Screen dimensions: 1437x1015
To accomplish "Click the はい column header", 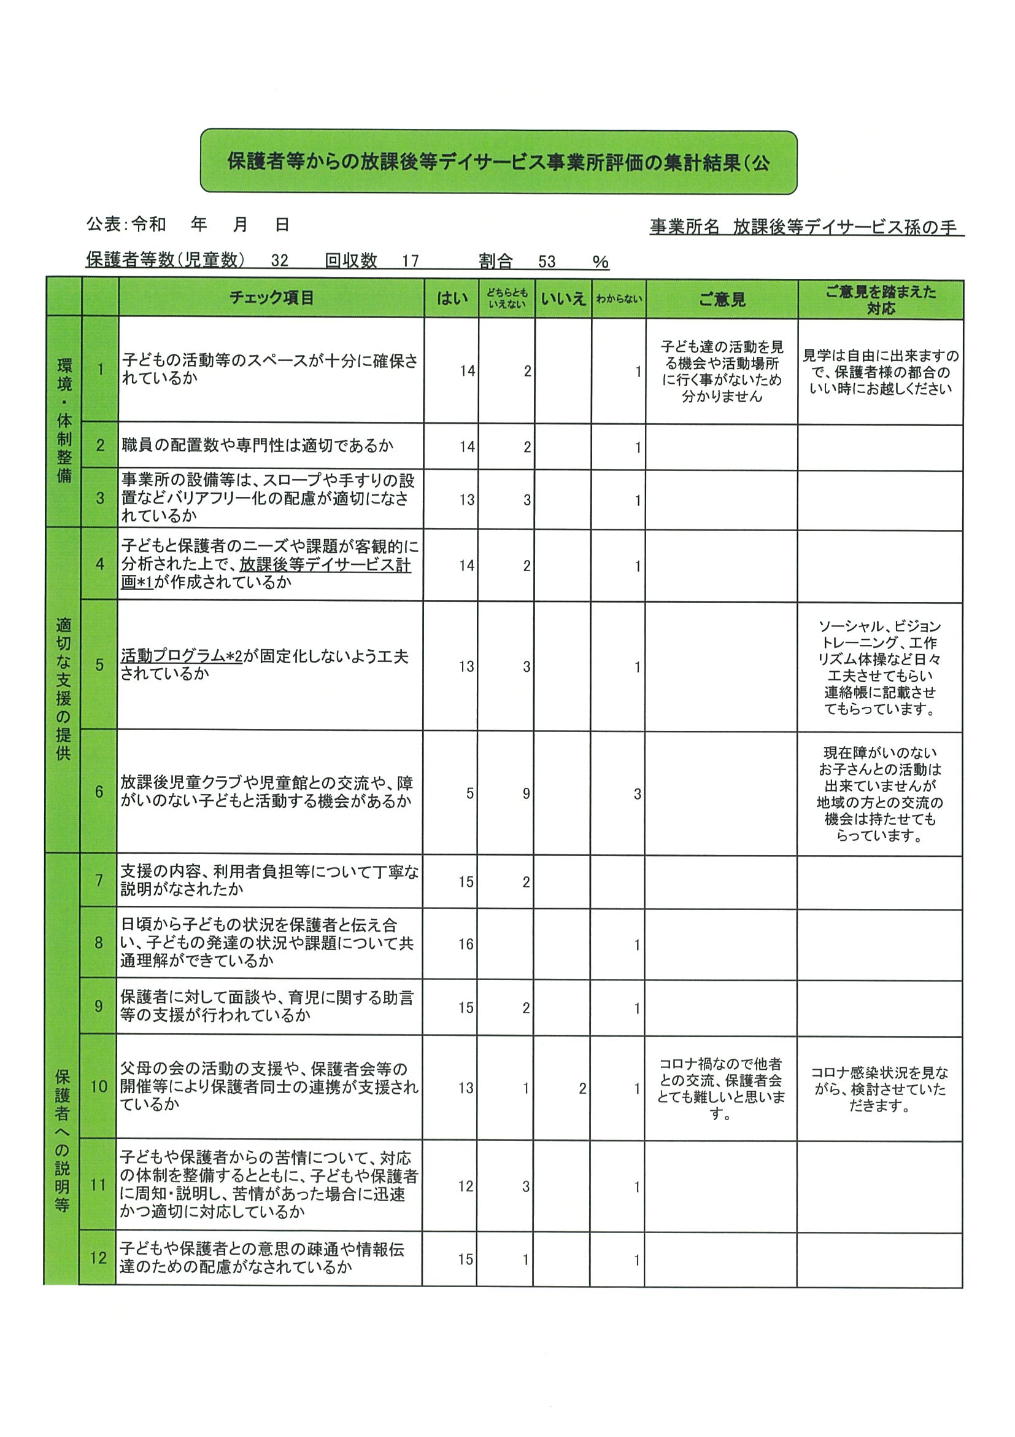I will pos(452,298).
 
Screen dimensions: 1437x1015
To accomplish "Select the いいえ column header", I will pos(563,299).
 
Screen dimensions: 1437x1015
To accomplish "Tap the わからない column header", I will pos(619,299).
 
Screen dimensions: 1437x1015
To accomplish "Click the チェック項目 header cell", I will pos(271,298).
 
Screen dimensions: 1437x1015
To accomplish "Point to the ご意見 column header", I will pos(722,300).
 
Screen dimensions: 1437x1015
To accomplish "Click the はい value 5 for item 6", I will pos(469,793).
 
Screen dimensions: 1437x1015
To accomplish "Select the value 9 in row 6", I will pos(527,793).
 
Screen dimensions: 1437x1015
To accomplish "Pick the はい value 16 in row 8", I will pos(466,944).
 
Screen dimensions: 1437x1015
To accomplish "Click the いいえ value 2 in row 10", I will pos(582,1088).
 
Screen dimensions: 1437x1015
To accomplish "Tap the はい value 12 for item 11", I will pos(466,1186).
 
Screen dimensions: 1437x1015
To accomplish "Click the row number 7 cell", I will pos(99,881).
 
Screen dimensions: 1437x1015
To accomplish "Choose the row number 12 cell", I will pos(98,1258).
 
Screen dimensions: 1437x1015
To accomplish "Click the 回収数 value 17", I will pos(411,261).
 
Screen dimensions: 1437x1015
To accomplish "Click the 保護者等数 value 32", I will pos(280,261).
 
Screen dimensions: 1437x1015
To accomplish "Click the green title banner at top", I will pos(498,162).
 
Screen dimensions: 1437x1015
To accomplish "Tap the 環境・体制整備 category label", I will pos(64,421).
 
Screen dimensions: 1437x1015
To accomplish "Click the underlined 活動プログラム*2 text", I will pos(182,656).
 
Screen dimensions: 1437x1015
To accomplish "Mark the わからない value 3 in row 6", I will pos(637,794).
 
